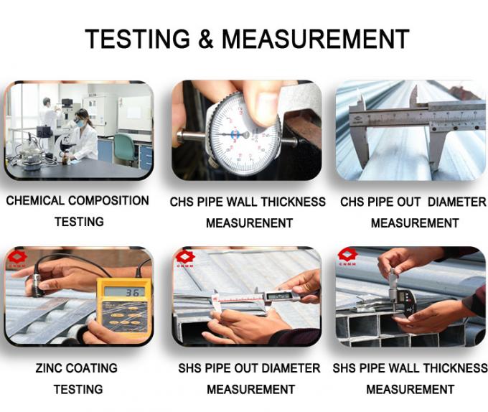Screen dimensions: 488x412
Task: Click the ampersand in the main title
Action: pos(206,39)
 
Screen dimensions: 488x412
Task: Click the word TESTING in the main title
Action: pos(137,39)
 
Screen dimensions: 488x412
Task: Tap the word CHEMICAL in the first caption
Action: pos(35,201)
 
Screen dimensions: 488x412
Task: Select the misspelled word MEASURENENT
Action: pos(249,223)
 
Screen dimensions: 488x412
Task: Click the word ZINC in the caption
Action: pos(50,368)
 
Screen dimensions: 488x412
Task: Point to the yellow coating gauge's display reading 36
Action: pos(124,292)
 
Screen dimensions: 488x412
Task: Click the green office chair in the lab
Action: pos(125,149)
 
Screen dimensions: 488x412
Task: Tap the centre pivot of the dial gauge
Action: pos(245,135)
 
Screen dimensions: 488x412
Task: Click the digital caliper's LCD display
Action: pos(279,296)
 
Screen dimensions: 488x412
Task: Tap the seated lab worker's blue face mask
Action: pos(80,123)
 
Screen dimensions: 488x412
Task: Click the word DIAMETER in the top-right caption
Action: pos(457,202)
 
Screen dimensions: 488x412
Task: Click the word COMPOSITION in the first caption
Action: pos(108,201)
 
